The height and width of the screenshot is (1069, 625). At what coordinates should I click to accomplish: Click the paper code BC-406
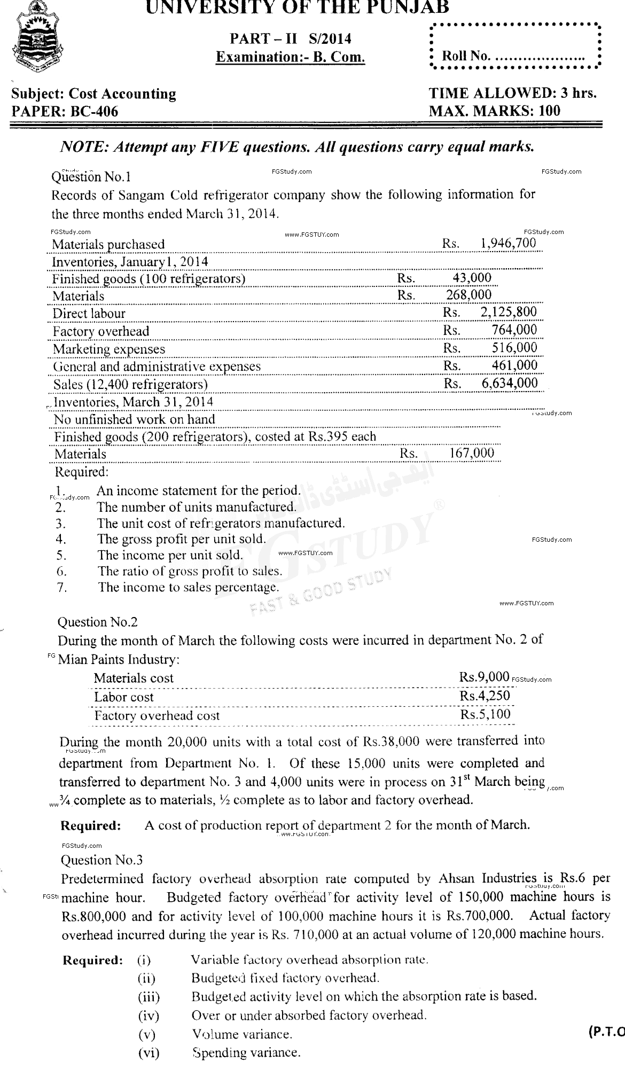(x=65, y=111)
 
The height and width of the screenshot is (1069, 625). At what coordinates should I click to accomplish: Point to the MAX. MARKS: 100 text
(x=495, y=111)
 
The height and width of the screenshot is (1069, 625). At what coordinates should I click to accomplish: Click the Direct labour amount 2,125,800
(x=509, y=312)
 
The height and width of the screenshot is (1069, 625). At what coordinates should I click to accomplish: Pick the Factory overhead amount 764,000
(x=514, y=330)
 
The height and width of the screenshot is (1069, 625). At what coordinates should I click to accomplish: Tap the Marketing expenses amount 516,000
(x=514, y=348)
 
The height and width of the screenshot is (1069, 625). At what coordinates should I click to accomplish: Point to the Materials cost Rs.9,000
(x=484, y=677)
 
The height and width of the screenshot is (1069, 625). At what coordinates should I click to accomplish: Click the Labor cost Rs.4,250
(x=485, y=696)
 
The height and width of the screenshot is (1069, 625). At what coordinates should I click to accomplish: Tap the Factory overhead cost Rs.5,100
(x=485, y=714)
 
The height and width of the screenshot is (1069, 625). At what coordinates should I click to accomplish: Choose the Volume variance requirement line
(x=241, y=1034)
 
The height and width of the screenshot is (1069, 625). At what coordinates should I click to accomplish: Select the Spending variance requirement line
(x=246, y=1053)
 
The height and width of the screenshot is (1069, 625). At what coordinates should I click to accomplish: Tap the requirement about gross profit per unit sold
(x=181, y=539)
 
